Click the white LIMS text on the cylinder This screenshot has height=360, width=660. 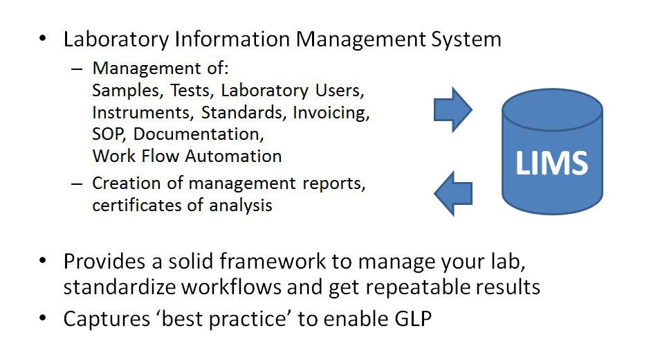point(551,163)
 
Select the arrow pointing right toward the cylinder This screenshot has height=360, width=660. point(452,109)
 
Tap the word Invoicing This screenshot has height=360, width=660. point(331,112)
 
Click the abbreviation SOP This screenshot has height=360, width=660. point(107,134)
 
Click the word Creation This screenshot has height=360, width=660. point(120,184)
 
